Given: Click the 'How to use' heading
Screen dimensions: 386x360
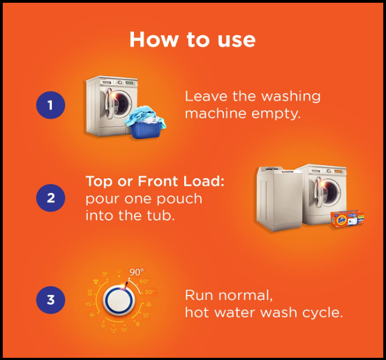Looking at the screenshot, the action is pyautogui.click(x=192, y=39).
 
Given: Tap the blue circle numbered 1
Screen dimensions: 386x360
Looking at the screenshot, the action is pyautogui.click(x=51, y=105).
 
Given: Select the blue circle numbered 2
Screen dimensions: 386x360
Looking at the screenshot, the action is pyautogui.click(x=51, y=198).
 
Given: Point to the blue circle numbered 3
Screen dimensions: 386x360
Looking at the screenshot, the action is pyautogui.click(x=51, y=300).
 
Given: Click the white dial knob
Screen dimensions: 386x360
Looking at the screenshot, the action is pyautogui.click(x=119, y=300).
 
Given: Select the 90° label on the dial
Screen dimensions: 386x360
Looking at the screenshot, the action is pyautogui.click(x=137, y=272).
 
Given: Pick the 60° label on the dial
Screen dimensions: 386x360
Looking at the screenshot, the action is pyautogui.click(x=144, y=281).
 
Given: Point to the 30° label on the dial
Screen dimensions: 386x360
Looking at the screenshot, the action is pyautogui.click(x=149, y=292).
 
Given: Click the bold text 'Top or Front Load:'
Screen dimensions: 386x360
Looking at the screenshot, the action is pyautogui.click(x=155, y=181).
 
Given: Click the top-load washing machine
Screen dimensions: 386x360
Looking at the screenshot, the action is pyautogui.click(x=279, y=198).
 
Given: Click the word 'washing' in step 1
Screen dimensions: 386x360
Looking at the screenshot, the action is pyautogui.click(x=291, y=96).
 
